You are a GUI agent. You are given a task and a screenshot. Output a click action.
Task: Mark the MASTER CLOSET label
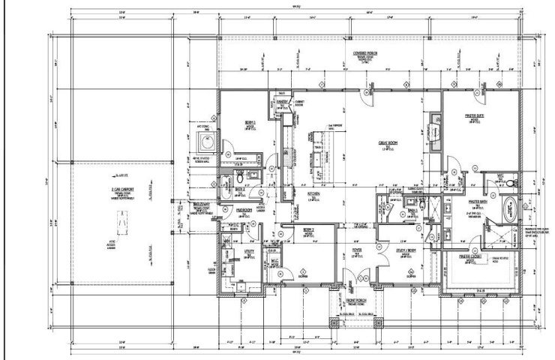pos(474,257)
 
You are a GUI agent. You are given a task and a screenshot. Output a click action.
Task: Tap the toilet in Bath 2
pos(238,180)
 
